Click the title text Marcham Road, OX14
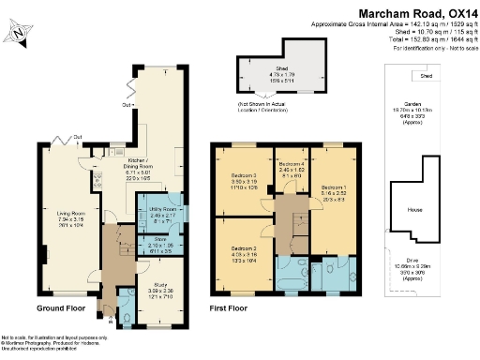417,11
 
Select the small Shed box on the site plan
427,76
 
